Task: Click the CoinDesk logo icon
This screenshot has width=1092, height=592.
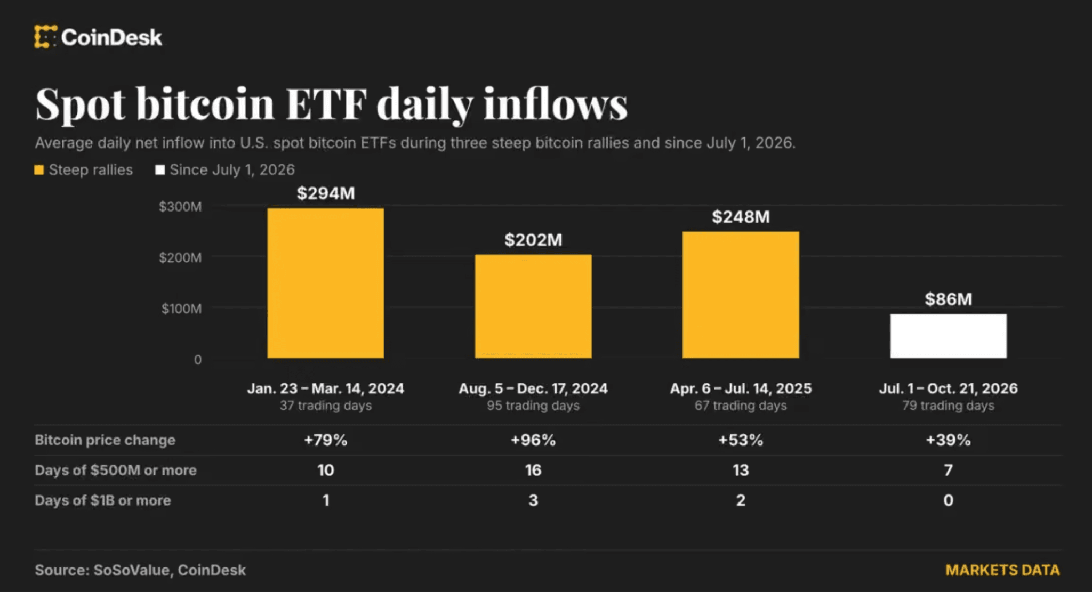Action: tap(45, 37)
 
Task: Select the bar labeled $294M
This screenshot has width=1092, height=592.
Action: tap(325, 283)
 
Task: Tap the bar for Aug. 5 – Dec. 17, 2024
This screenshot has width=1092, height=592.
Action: tap(533, 306)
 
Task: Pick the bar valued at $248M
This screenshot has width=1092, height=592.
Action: tap(741, 295)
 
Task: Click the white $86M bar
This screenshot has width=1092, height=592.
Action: tap(949, 336)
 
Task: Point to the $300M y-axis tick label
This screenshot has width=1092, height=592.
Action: tap(180, 207)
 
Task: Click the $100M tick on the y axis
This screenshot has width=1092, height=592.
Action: tap(181, 309)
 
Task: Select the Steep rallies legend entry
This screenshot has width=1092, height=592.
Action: tap(84, 170)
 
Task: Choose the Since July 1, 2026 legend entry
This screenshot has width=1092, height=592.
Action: tap(225, 170)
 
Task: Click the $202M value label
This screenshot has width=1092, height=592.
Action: tap(533, 240)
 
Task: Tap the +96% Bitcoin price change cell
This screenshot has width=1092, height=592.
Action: tap(533, 440)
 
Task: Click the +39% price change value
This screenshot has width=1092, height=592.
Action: tap(949, 440)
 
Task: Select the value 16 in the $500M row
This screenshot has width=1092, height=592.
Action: tap(533, 470)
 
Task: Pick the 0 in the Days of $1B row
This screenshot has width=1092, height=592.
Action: tap(949, 500)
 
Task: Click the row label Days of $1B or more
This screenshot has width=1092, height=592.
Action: tap(103, 500)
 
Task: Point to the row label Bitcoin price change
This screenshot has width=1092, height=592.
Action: tap(105, 440)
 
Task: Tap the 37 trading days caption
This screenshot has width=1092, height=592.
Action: tap(326, 406)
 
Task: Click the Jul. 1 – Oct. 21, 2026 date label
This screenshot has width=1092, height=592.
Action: tap(949, 388)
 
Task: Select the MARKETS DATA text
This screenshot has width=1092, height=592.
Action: tap(1002, 570)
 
